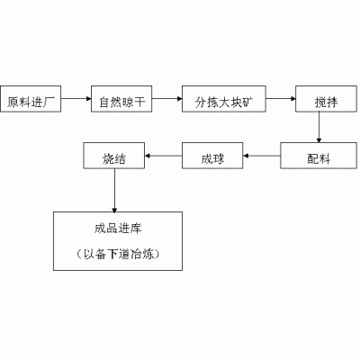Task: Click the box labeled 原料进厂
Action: [x=31, y=99]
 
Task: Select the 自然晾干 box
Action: [x=121, y=99]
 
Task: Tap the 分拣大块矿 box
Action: [x=224, y=99]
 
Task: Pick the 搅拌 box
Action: [x=326, y=99]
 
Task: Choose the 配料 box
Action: [x=319, y=156]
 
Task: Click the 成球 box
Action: [x=212, y=156]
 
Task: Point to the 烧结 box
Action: [x=114, y=156]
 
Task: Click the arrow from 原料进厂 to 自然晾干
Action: [x=76, y=99]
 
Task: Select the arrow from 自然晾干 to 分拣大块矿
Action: [x=167, y=99]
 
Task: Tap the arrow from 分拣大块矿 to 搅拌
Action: [x=281, y=99]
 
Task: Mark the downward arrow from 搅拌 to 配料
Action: [x=319, y=127]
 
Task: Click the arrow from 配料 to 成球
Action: [x=262, y=156]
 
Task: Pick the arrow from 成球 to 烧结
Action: [x=163, y=156]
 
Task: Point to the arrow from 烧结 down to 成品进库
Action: [x=114, y=191]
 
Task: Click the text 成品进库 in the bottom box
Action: [x=118, y=229]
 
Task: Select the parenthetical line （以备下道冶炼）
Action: [x=118, y=254]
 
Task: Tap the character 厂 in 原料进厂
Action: [x=49, y=103]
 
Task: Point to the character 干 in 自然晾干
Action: [x=139, y=103]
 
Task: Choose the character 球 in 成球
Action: [x=219, y=158]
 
